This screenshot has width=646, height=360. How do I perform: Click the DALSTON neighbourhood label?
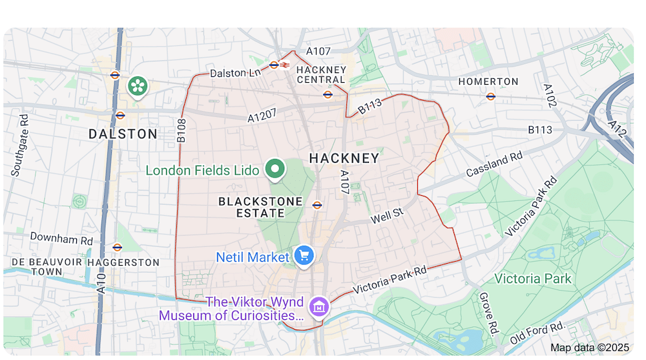123,134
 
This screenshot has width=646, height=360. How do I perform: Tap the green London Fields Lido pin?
276,169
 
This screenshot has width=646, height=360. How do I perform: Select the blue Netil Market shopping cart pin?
304,255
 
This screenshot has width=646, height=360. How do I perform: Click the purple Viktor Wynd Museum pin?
318,306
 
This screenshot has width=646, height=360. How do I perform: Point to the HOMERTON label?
488,81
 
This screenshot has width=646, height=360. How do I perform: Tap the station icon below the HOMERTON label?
491,97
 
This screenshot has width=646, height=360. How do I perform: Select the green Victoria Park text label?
533,279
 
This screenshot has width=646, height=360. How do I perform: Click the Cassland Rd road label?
494,165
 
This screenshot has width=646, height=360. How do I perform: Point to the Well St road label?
387,215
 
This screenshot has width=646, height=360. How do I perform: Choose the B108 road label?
182,131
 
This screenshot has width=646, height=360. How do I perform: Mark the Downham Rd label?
61,238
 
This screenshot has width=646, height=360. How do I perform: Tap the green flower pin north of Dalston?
137,85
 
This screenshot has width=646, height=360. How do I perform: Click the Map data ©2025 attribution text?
590,347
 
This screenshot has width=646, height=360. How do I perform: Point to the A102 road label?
549,96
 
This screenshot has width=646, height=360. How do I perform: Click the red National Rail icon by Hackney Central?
284,65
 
